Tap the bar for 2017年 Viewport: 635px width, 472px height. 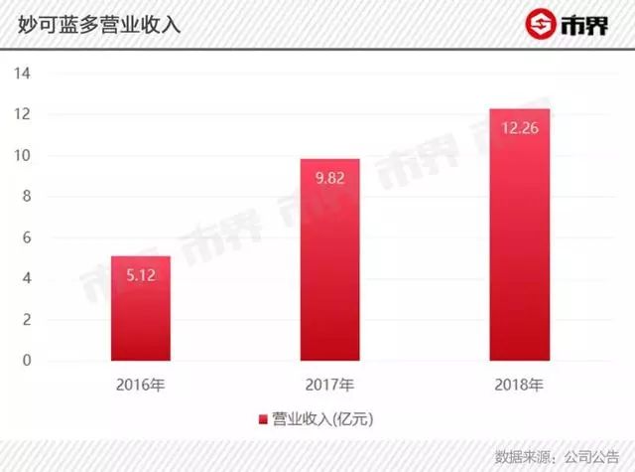click(329, 259)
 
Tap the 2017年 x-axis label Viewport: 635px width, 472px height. click(329, 384)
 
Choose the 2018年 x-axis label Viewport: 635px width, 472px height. click(519, 384)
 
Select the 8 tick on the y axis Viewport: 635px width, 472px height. click(31, 197)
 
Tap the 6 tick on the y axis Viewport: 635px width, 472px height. click(31, 238)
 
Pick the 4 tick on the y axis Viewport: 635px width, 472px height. click(31, 279)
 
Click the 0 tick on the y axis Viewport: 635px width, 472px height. click(31, 361)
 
